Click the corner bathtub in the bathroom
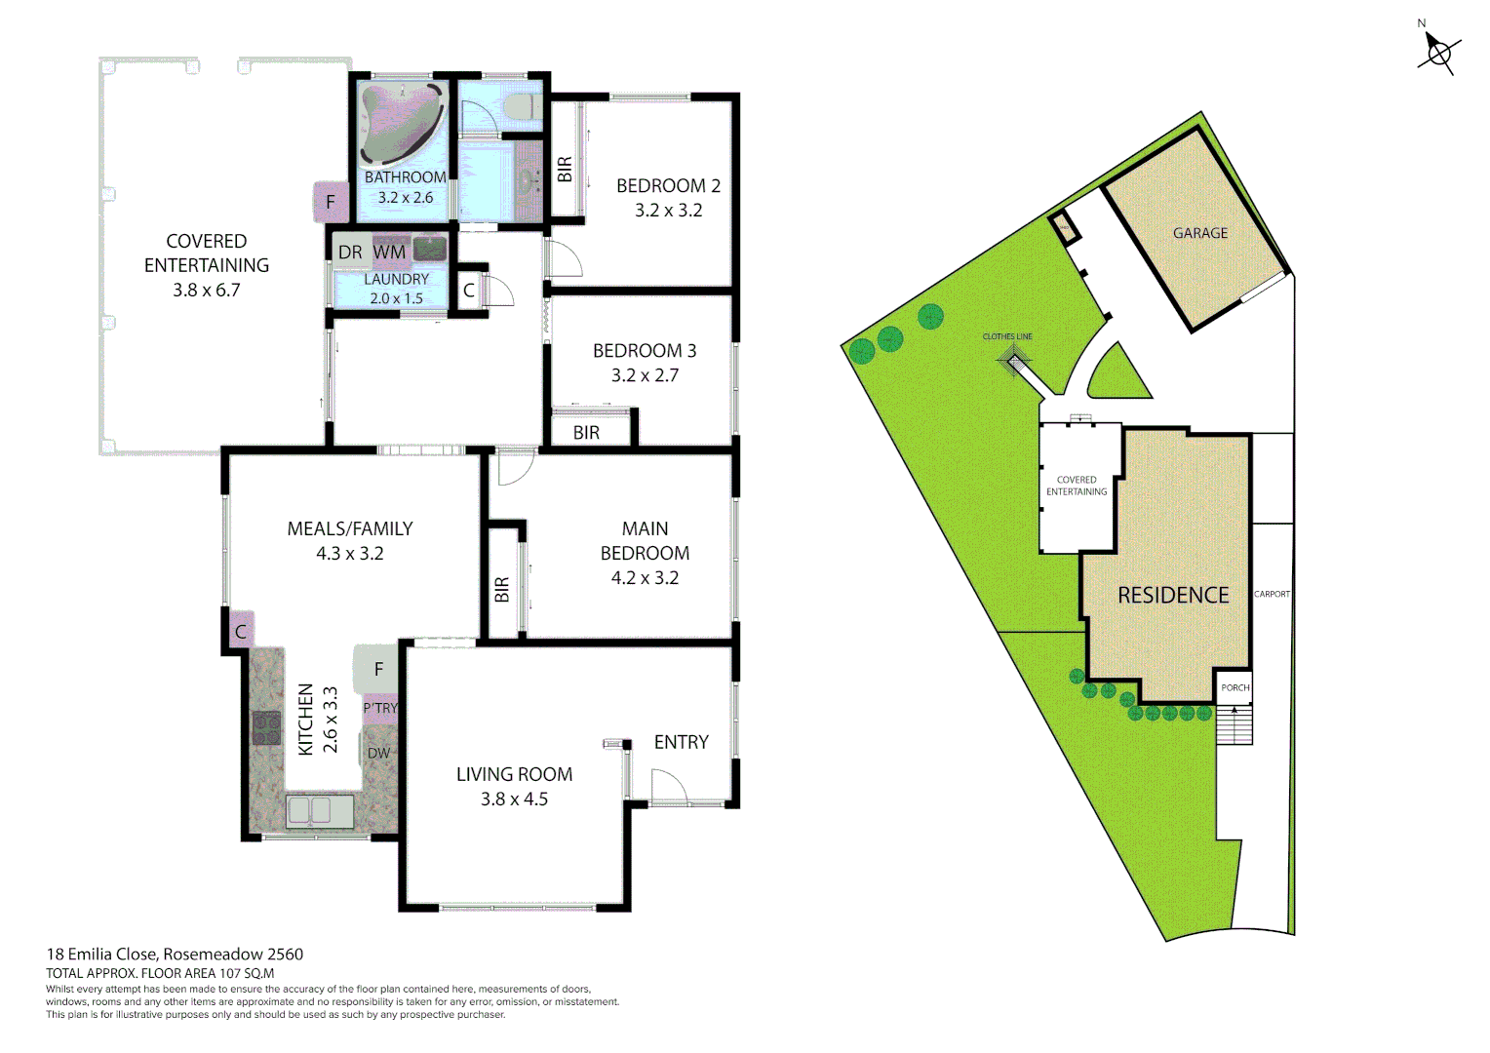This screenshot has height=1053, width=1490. [x=401, y=123]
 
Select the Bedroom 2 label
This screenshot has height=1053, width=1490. [x=668, y=185]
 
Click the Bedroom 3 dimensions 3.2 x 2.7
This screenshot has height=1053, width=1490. [x=645, y=375]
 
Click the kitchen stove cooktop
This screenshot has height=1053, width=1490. [x=266, y=728]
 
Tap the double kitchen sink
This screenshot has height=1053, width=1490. [x=320, y=811]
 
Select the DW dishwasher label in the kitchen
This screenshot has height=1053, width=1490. [x=378, y=753]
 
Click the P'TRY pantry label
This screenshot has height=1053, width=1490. [x=380, y=708]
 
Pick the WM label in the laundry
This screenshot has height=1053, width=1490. [x=389, y=252]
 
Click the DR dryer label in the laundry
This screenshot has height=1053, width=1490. [x=350, y=253]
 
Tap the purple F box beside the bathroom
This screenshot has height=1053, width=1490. [x=331, y=203]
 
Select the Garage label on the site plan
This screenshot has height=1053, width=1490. [x=1200, y=233]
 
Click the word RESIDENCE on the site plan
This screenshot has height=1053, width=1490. [x=1173, y=595]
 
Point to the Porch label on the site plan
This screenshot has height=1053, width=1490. [x=1235, y=687]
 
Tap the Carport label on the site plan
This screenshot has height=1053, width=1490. [x=1272, y=594]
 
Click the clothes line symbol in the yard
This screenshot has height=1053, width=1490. [x=1015, y=362]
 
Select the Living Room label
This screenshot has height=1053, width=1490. [x=514, y=774]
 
